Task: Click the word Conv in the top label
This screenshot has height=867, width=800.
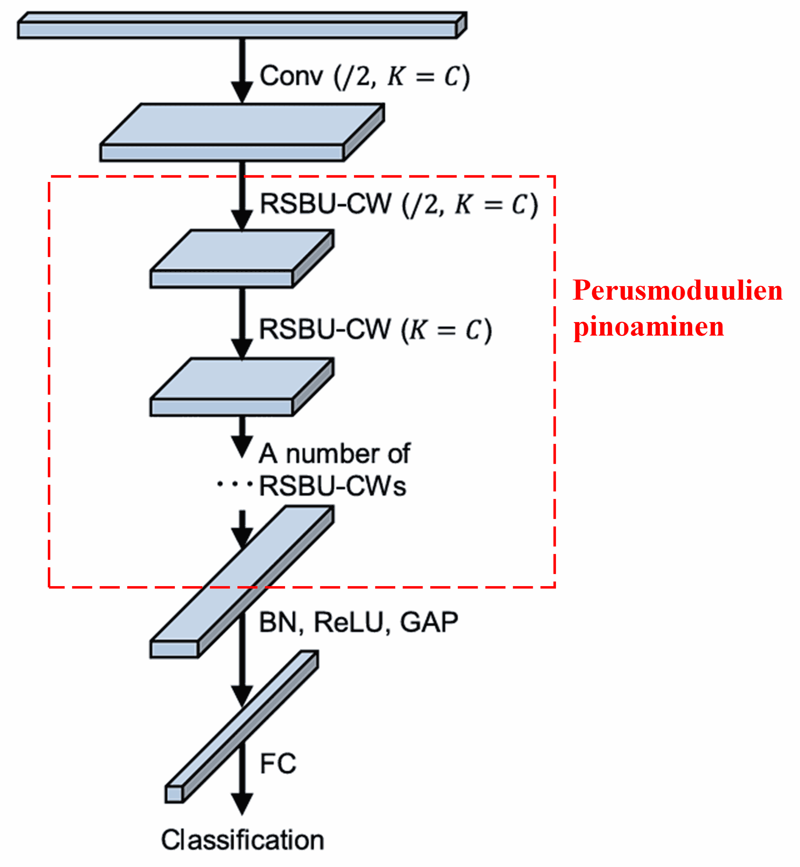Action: point(291,76)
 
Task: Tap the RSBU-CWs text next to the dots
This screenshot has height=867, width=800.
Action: point(332,486)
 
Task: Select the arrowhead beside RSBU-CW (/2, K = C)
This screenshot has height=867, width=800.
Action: point(242,219)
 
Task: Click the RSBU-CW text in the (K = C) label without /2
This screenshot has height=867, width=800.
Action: point(325,329)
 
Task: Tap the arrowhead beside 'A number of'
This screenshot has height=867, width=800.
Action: point(242,446)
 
